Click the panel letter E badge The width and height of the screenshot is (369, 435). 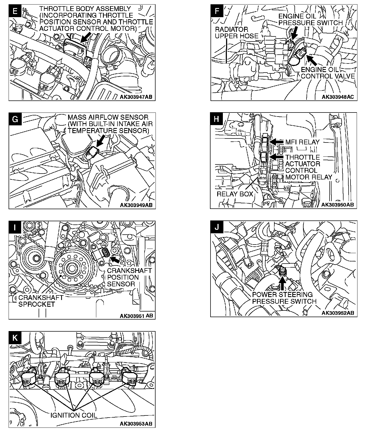tap(15, 11)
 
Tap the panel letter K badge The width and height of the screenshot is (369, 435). tap(15, 337)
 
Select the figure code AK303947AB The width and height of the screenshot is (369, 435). tap(136, 97)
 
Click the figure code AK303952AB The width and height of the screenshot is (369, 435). tap(338, 313)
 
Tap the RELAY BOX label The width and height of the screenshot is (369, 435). tap(235, 194)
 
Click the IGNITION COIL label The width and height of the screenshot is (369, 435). tap(73, 415)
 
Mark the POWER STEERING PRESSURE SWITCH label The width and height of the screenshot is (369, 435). tap(284, 298)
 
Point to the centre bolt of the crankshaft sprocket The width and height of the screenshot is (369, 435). tap(72, 268)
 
